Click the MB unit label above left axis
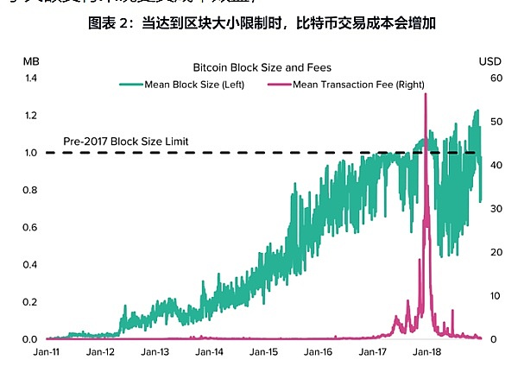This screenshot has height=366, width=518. [30, 60]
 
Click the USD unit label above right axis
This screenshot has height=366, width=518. [490, 60]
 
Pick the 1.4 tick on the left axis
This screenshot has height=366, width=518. [31, 79]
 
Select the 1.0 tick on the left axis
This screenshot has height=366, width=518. [31, 153]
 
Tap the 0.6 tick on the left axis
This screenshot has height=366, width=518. [31, 228]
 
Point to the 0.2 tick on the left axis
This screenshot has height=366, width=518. [31, 302]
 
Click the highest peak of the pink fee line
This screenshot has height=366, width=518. [426, 93]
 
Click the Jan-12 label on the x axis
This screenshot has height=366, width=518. [101, 352]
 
